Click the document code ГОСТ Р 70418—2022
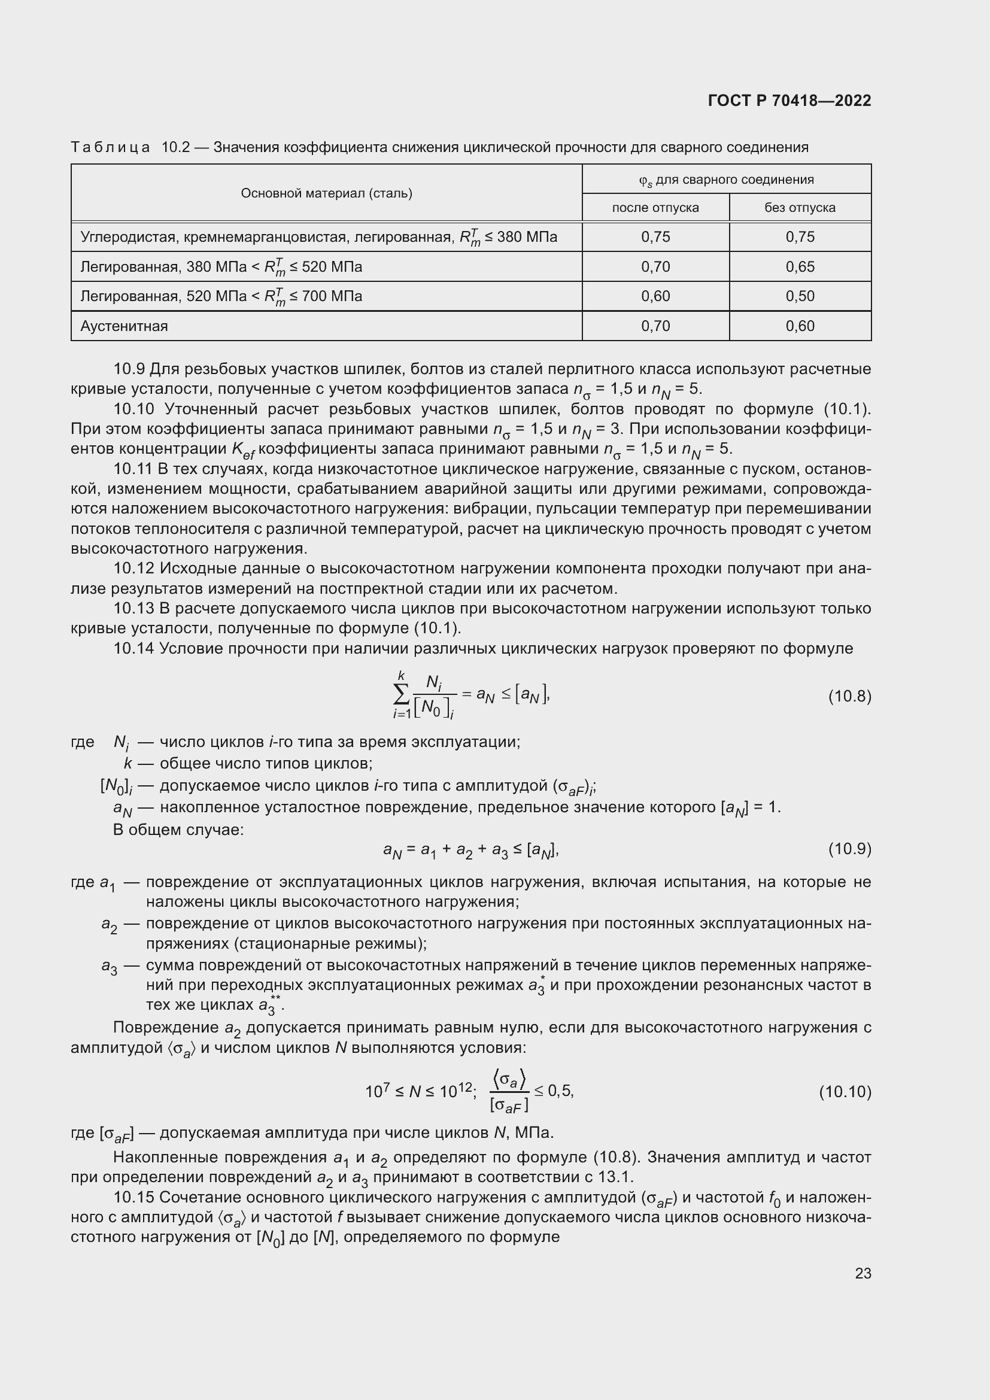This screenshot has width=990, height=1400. pyautogui.click(x=789, y=101)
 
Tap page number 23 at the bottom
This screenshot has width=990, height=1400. pyautogui.click(x=863, y=1273)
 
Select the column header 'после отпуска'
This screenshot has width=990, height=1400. pyautogui.click(x=655, y=207)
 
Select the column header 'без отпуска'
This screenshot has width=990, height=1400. pyautogui.click(x=800, y=207)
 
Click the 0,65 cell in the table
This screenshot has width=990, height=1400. pyautogui.click(x=800, y=266)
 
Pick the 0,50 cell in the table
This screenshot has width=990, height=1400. pyautogui.click(x=800, y=296)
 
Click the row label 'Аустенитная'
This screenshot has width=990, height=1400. pyautogui.click(x=124, y=326)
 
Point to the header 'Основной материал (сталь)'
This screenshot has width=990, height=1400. pyautogui.click(x=326, y=193)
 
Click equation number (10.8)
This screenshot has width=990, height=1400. pyautogui.click(x=849, y=696)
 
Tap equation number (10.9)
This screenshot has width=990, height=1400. pyautogui.click(x=849, y=848)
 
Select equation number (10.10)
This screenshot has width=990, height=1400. pyautogui.click(x=845, y=1092)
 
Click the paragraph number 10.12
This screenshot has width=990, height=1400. pyautogui.click(x=134, y=568)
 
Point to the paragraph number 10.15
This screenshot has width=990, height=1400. pyautogui.click(x=134, y=1198)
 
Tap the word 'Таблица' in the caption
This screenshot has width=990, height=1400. pyautogui.click(x=110, y=147)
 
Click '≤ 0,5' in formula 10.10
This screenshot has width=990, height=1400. pyautogui.click(x=554, y=1091)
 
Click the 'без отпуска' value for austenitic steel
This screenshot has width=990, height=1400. pyautogui.click(x=800, y=326)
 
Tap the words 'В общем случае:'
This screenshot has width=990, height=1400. pyautogui.click(x=178, y=829)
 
